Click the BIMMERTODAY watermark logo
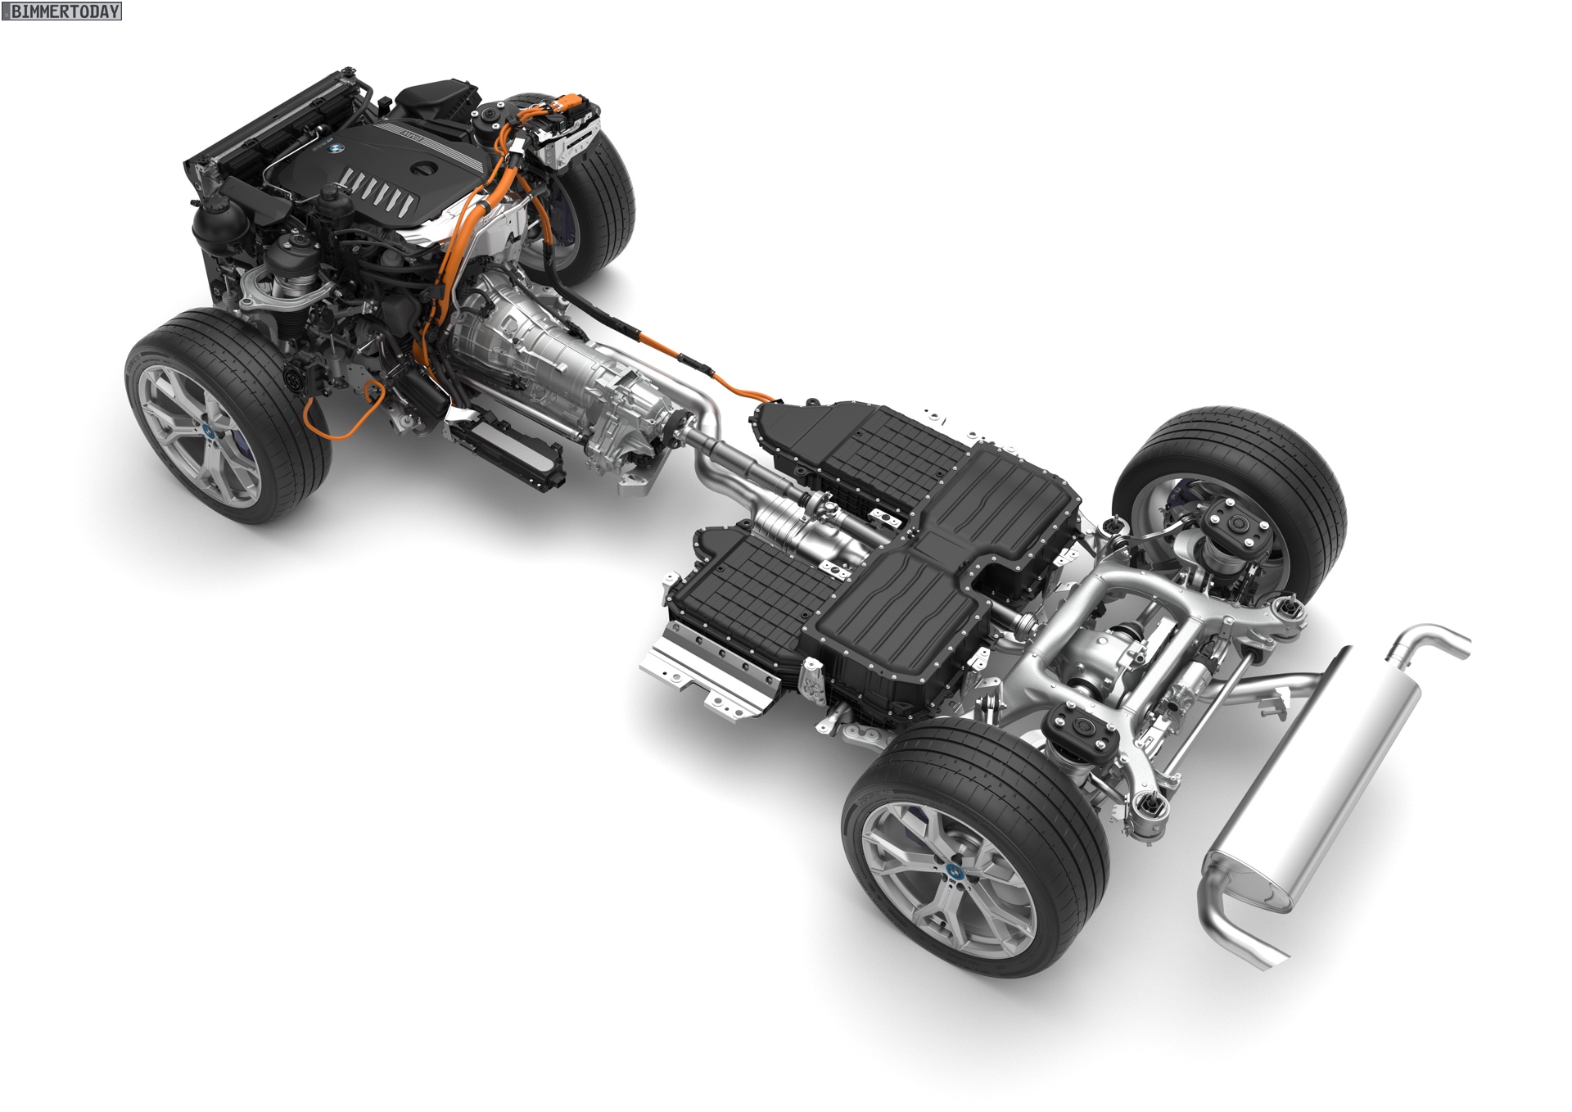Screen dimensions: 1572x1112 61,11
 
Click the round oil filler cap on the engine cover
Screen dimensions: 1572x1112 426,170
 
